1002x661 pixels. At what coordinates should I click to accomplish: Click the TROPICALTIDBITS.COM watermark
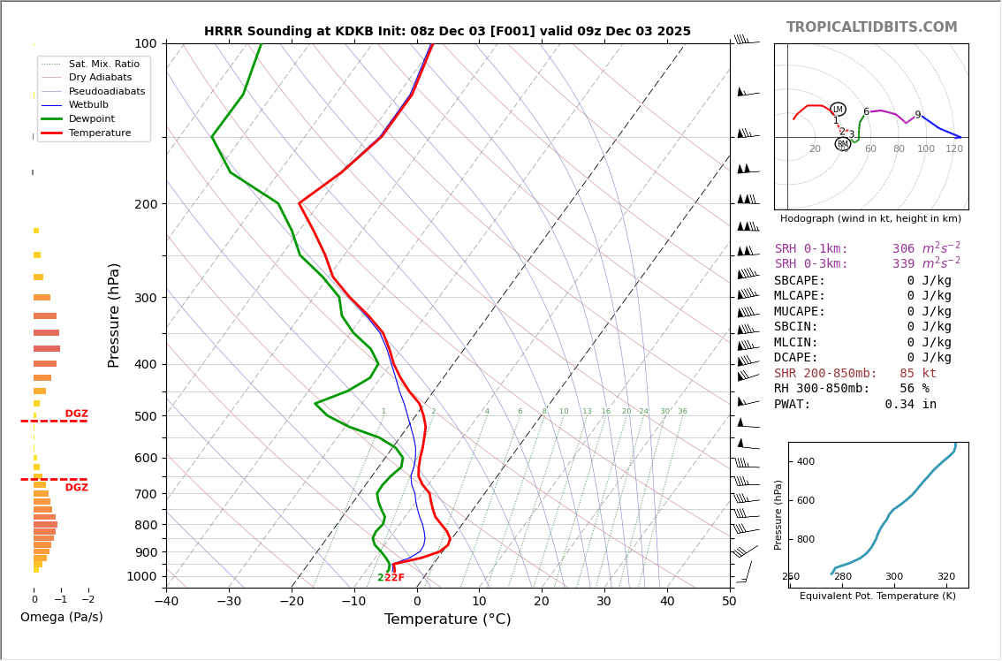tap(871, 27)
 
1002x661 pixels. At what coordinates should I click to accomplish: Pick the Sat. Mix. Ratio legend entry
tap(103, 64)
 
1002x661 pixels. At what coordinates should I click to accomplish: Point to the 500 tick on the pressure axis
tap(146, 416)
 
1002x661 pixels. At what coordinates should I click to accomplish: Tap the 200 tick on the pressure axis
tap(146, 204)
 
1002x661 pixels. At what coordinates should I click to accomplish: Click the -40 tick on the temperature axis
tap(166, 602)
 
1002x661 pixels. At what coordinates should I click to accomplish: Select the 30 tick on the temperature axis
tap(604, 602)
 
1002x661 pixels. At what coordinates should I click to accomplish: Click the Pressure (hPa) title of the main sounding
tap(115, 315)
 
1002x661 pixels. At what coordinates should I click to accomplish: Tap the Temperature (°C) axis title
tap(447, 619)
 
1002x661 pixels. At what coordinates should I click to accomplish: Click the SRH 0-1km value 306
tap(903, 249)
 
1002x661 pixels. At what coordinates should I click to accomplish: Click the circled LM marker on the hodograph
tap(838, 110)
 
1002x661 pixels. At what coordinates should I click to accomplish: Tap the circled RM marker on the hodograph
tap(843, 144)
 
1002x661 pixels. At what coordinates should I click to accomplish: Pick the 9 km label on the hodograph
tap(917, 115)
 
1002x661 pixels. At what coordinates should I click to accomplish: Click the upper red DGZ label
tap(77, 414)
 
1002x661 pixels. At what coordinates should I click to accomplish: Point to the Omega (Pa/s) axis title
tap(62, 618)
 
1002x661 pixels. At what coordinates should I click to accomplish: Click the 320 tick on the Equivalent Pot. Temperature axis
tap(945, 577)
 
